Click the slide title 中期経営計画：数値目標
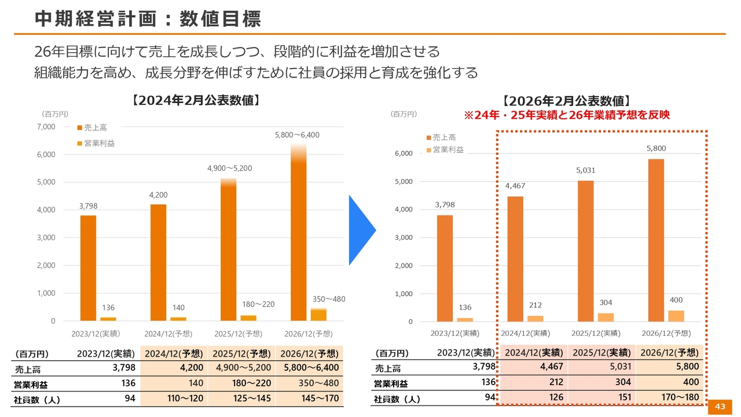click(x=148, y=19)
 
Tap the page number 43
click(x=720, y=407)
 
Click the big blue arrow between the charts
click(x=361, y=230)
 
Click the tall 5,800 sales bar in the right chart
click(x=656, y=240)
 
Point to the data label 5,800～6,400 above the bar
click(x=297, y=135)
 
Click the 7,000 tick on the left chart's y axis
click(x=46, y=127)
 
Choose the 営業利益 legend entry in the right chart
click(x=448, y=149)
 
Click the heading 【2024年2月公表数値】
click(x=196, y=100)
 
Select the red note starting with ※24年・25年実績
click(x=567, y=115)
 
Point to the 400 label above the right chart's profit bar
click(x=676, y=300)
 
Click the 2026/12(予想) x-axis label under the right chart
click(x=666, y=333)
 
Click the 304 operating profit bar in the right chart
click(x=605, y=317)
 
